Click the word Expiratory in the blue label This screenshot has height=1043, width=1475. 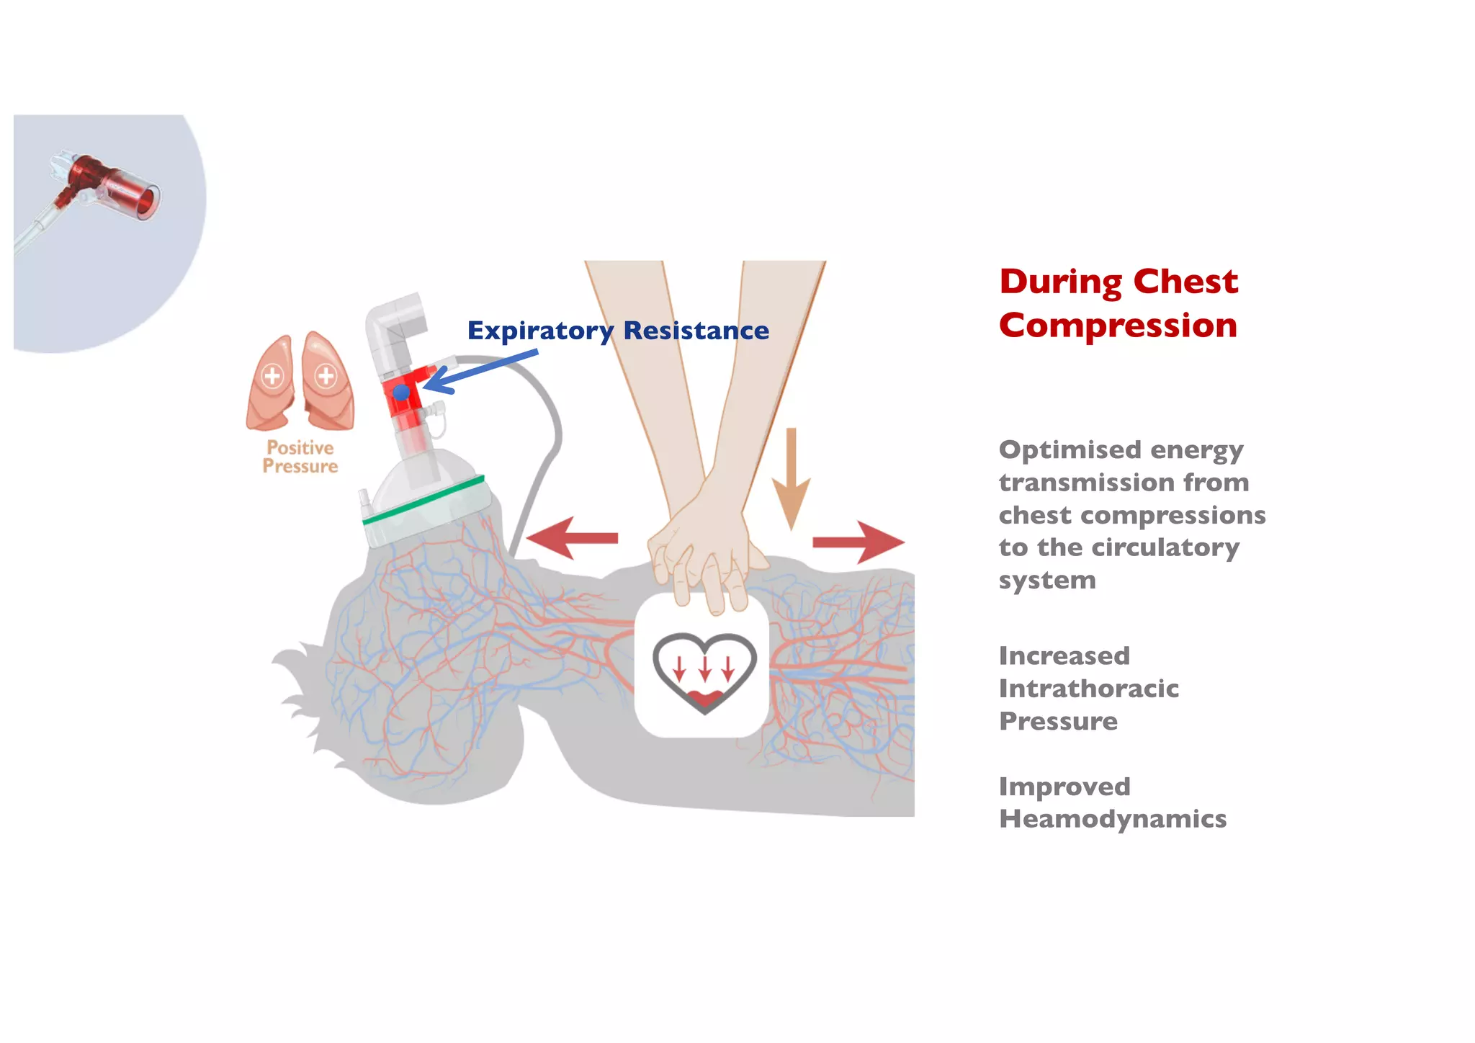[x=540, y=331]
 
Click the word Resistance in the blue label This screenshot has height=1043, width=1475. [x=696, y=331]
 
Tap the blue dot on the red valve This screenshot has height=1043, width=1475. [x=401, y=393]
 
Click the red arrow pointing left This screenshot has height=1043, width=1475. [x=573, y=538]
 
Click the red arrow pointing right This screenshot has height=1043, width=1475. [x=858, y=542]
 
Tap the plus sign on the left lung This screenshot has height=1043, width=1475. [x=272, y=376]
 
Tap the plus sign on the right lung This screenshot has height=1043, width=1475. [x=326, y=375]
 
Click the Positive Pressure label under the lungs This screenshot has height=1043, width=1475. [x=300, y=457]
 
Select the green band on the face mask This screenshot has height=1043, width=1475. [x=423, y=498]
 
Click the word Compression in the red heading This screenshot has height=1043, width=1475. [x=1118, y=326]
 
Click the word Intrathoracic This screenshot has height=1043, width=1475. [x=1088, y=689]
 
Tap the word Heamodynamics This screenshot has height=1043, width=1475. [x=1112, y=819]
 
